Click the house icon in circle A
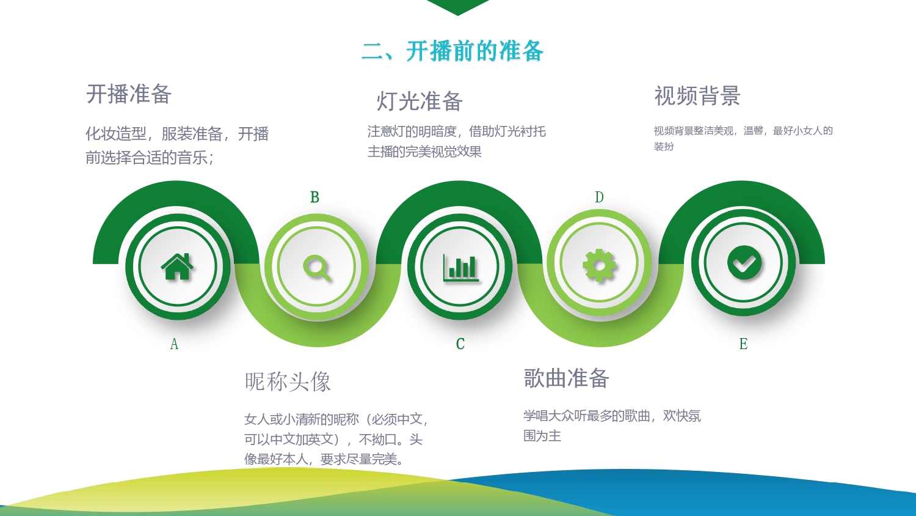point(177,267)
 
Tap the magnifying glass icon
point(316,268)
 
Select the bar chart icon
point(461,268)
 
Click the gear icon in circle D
point(599,265)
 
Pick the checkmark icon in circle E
point(744,262)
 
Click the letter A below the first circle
point(174,344)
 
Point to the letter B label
point(314,197)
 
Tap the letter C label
point(460,344)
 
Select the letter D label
point(599,197)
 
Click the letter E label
point(743,344)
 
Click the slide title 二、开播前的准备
point(453,51)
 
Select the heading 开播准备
point(128,94)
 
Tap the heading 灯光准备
point(419,101)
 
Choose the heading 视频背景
point(697,96)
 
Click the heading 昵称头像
point(288,381)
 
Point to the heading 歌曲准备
point(566,378)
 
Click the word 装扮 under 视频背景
point(663,146)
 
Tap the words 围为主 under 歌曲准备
point(542,436)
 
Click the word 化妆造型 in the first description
point(116,133)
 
